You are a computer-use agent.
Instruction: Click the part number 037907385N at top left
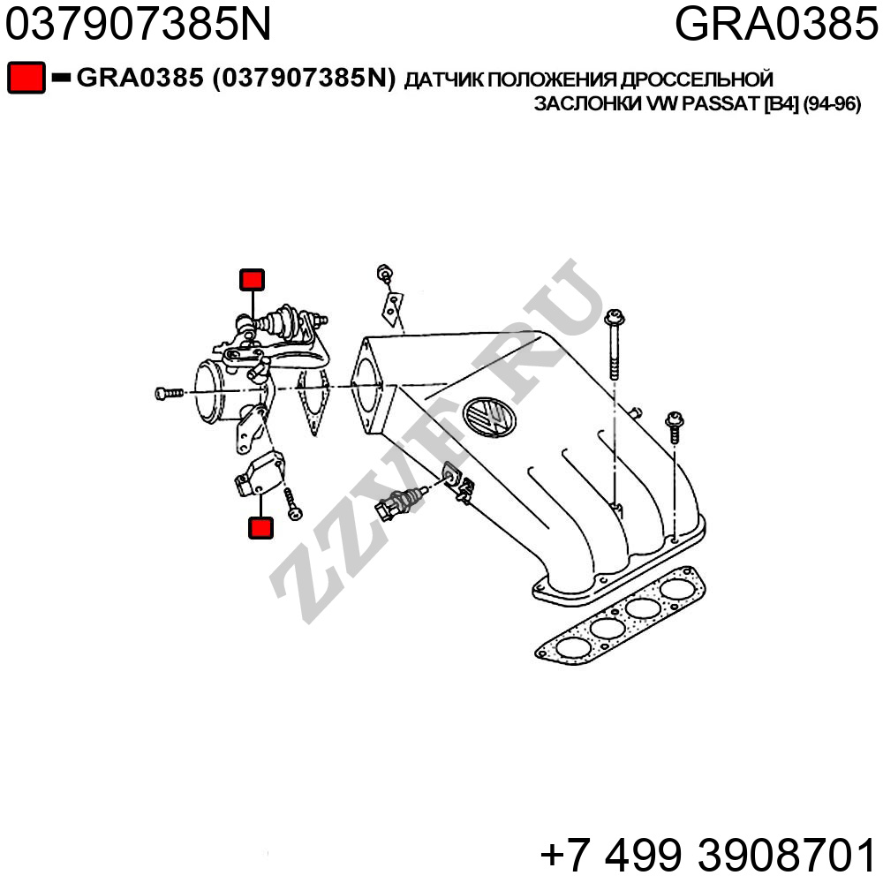coord(138,24)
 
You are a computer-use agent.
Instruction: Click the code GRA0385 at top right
coord(776,24)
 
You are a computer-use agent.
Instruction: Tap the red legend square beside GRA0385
coord(26,79)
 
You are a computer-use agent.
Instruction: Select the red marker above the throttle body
coord(252,280)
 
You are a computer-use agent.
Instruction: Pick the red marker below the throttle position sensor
coord(260,528)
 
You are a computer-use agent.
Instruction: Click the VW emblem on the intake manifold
coord(489,417)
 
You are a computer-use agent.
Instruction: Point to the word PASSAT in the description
coord(721,104)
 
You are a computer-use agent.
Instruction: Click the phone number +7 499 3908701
coord(708,856)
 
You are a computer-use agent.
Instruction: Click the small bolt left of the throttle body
coord(169,393)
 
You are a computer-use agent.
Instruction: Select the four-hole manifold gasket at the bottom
coord(620,616)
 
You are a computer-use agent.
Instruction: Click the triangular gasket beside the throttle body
coord(313,402)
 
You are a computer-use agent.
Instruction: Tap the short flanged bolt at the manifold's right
coord(674,427)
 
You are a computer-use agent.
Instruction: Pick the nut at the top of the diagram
coord(385,273)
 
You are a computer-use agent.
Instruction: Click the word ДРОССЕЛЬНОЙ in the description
coord(698,80)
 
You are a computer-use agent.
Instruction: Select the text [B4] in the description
coord(781,104)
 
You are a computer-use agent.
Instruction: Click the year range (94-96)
coord(833,104)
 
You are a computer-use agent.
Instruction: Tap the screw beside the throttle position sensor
coord(292,504)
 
